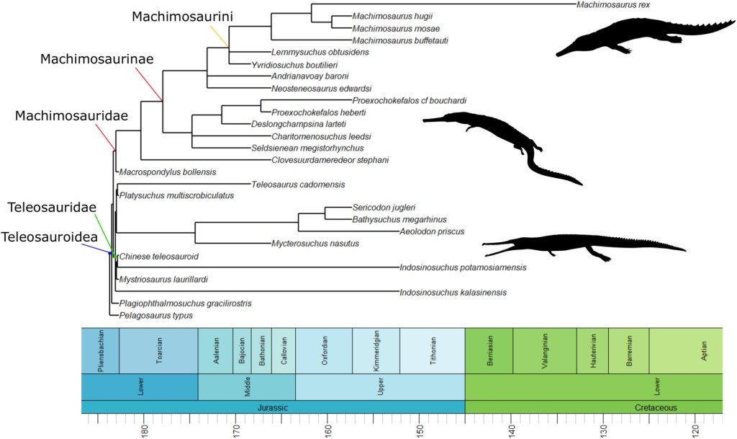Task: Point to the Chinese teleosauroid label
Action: click(158, 256)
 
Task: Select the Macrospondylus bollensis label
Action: click(166, 172)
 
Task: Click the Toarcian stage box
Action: click(158, 350)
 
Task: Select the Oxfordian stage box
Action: click(324, 350)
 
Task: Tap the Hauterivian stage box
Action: click(592, 350)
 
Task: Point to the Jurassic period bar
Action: click(273, 407)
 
